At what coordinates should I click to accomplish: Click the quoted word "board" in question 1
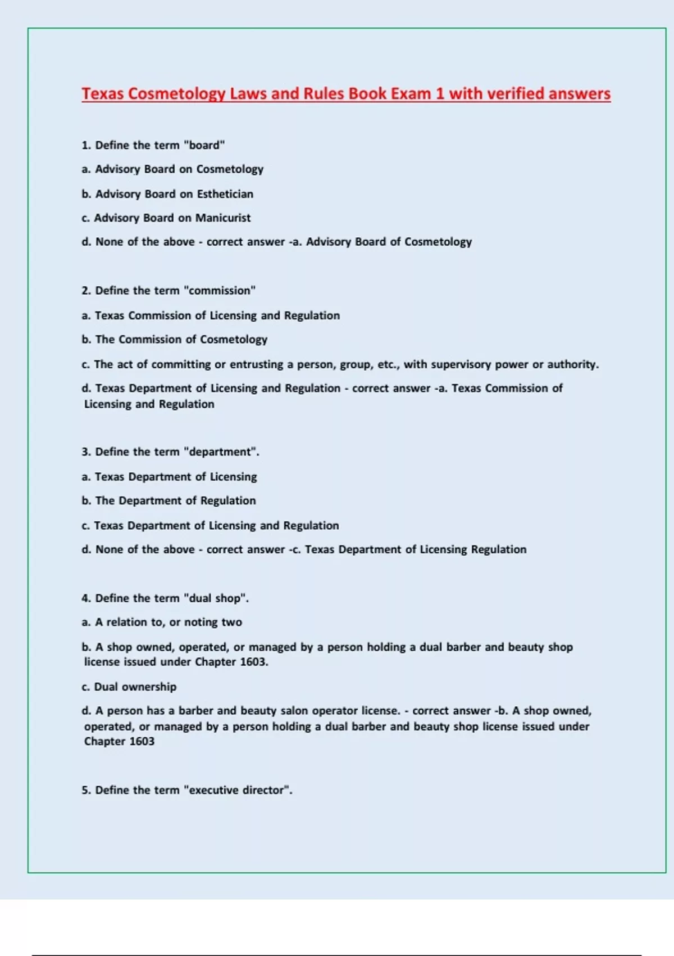pos(204,145)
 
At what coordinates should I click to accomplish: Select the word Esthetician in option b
pos(225,194)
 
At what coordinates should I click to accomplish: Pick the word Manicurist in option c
pos(223,218)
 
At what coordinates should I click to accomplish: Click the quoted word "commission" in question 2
pos(220,291)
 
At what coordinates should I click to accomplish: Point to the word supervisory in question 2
pos(461,364)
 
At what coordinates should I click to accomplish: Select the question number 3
pos(86,452)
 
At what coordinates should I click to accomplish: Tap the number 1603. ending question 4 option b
pos(254,662)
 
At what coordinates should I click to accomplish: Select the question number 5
pos(86,790)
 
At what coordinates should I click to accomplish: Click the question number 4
pos(86,598)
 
